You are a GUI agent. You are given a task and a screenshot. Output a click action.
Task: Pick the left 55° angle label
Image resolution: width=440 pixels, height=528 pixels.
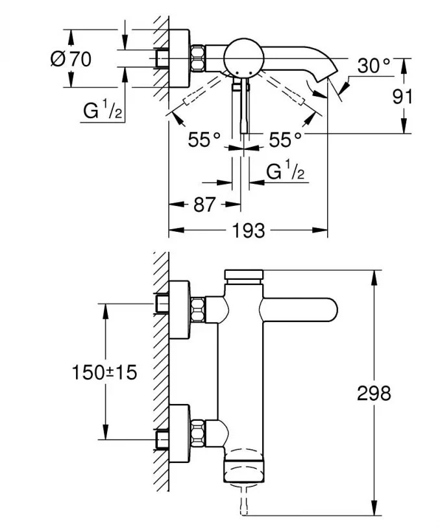(204, 139)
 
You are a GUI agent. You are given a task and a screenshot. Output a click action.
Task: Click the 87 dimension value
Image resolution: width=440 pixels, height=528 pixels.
(204, 205)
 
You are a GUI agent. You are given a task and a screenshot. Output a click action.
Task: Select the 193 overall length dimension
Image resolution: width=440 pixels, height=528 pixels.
(248, 230)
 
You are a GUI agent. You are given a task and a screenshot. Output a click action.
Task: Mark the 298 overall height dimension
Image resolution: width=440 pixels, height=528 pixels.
(374, 392)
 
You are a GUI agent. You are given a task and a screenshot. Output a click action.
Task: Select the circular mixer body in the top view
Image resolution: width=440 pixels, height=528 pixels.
(243, 58)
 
